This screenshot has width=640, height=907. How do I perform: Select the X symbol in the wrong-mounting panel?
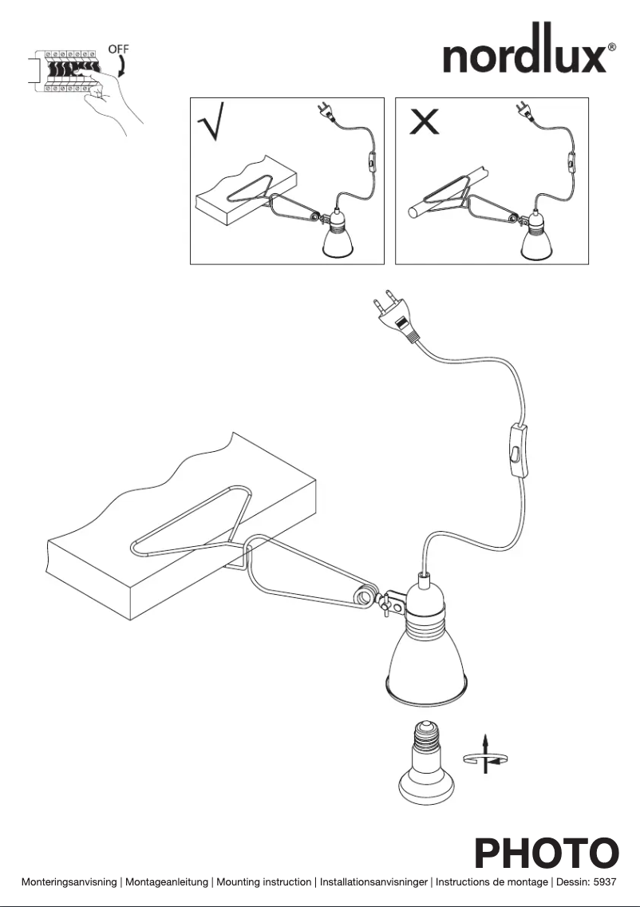pyautogui.click(x=423, y=122)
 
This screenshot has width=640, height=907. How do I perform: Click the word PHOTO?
pyautogui.click(x=547, y=853)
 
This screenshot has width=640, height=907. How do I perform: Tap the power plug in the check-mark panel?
pyautogui.click(x=324, y=112)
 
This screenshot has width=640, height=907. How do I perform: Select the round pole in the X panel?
pyautogui.click(x=447, y=191)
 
